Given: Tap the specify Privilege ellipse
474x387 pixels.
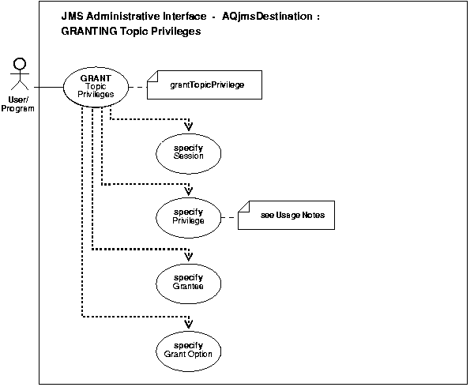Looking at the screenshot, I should click(188, 216).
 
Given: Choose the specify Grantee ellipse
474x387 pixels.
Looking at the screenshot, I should click(188, 282).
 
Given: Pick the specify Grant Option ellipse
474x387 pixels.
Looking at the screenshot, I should click(188, 347).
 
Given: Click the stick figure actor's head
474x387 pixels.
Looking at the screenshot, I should click(20, 61).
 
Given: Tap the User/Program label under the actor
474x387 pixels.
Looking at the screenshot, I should click(19, 105).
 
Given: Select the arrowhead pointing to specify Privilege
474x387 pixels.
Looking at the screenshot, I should click(188, 190).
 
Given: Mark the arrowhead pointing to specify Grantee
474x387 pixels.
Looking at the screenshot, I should click(188, 256).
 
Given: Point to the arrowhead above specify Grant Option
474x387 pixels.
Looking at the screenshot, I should click(188, 321).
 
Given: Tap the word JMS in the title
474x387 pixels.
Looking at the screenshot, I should click(72, 16).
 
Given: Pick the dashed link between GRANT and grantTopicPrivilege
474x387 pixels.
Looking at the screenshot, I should click(139, 85).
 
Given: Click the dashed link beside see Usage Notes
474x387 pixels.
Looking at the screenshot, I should click(230, 216).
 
